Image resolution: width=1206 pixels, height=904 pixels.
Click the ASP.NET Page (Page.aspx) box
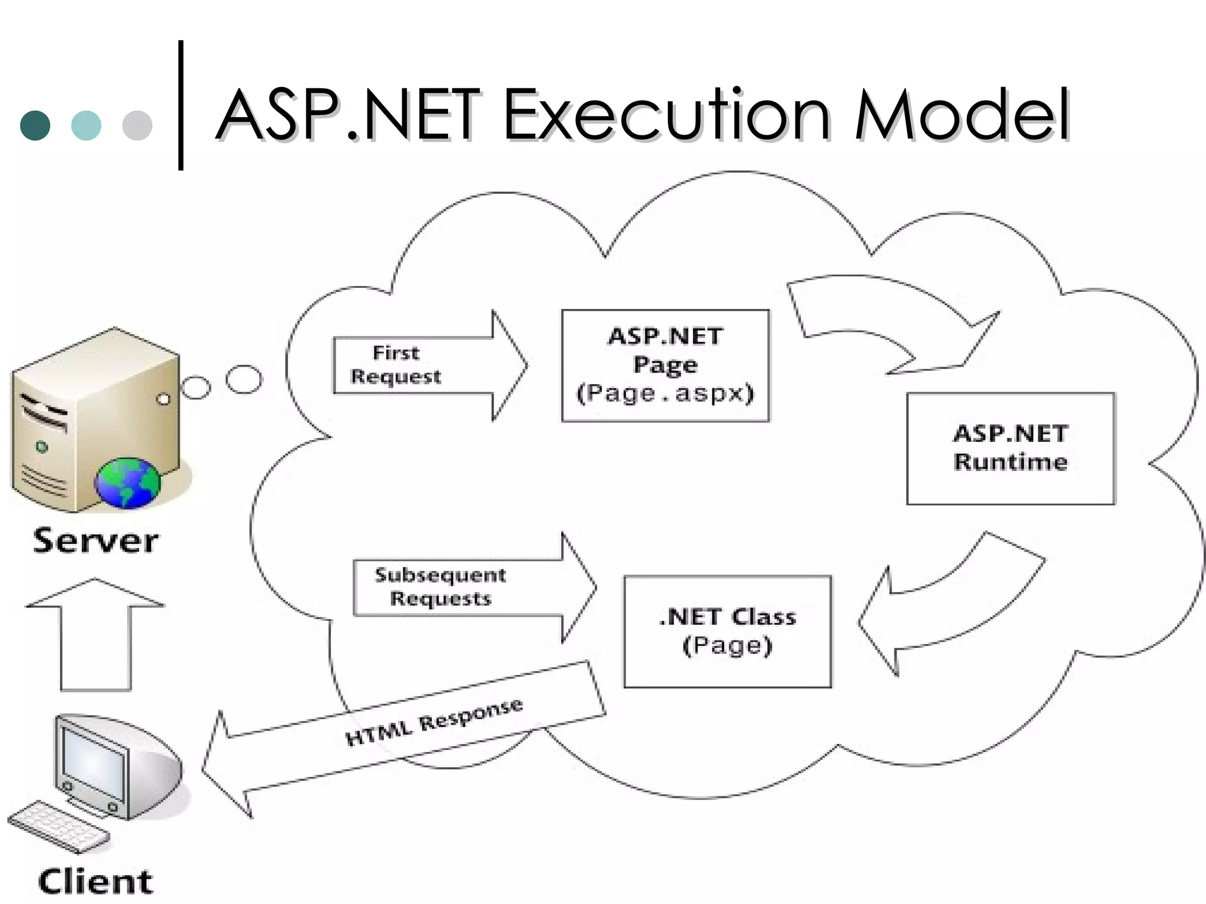665,365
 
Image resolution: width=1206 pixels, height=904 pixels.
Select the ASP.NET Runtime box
1010,448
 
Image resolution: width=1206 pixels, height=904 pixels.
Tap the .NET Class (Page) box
727,632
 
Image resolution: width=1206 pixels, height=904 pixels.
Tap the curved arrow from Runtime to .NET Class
954,606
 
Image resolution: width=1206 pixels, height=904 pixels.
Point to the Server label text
95,540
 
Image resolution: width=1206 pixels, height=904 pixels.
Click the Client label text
95,882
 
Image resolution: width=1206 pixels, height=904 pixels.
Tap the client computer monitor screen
94,765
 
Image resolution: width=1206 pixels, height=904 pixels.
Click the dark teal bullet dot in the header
35,125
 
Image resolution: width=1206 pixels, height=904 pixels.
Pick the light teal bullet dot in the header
86,125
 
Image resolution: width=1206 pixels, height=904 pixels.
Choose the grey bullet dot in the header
137,125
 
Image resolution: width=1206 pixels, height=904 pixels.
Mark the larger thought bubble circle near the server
244,379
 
